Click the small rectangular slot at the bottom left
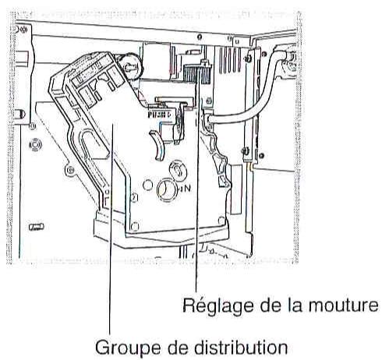pyautogui.click(x=35, y=227)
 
